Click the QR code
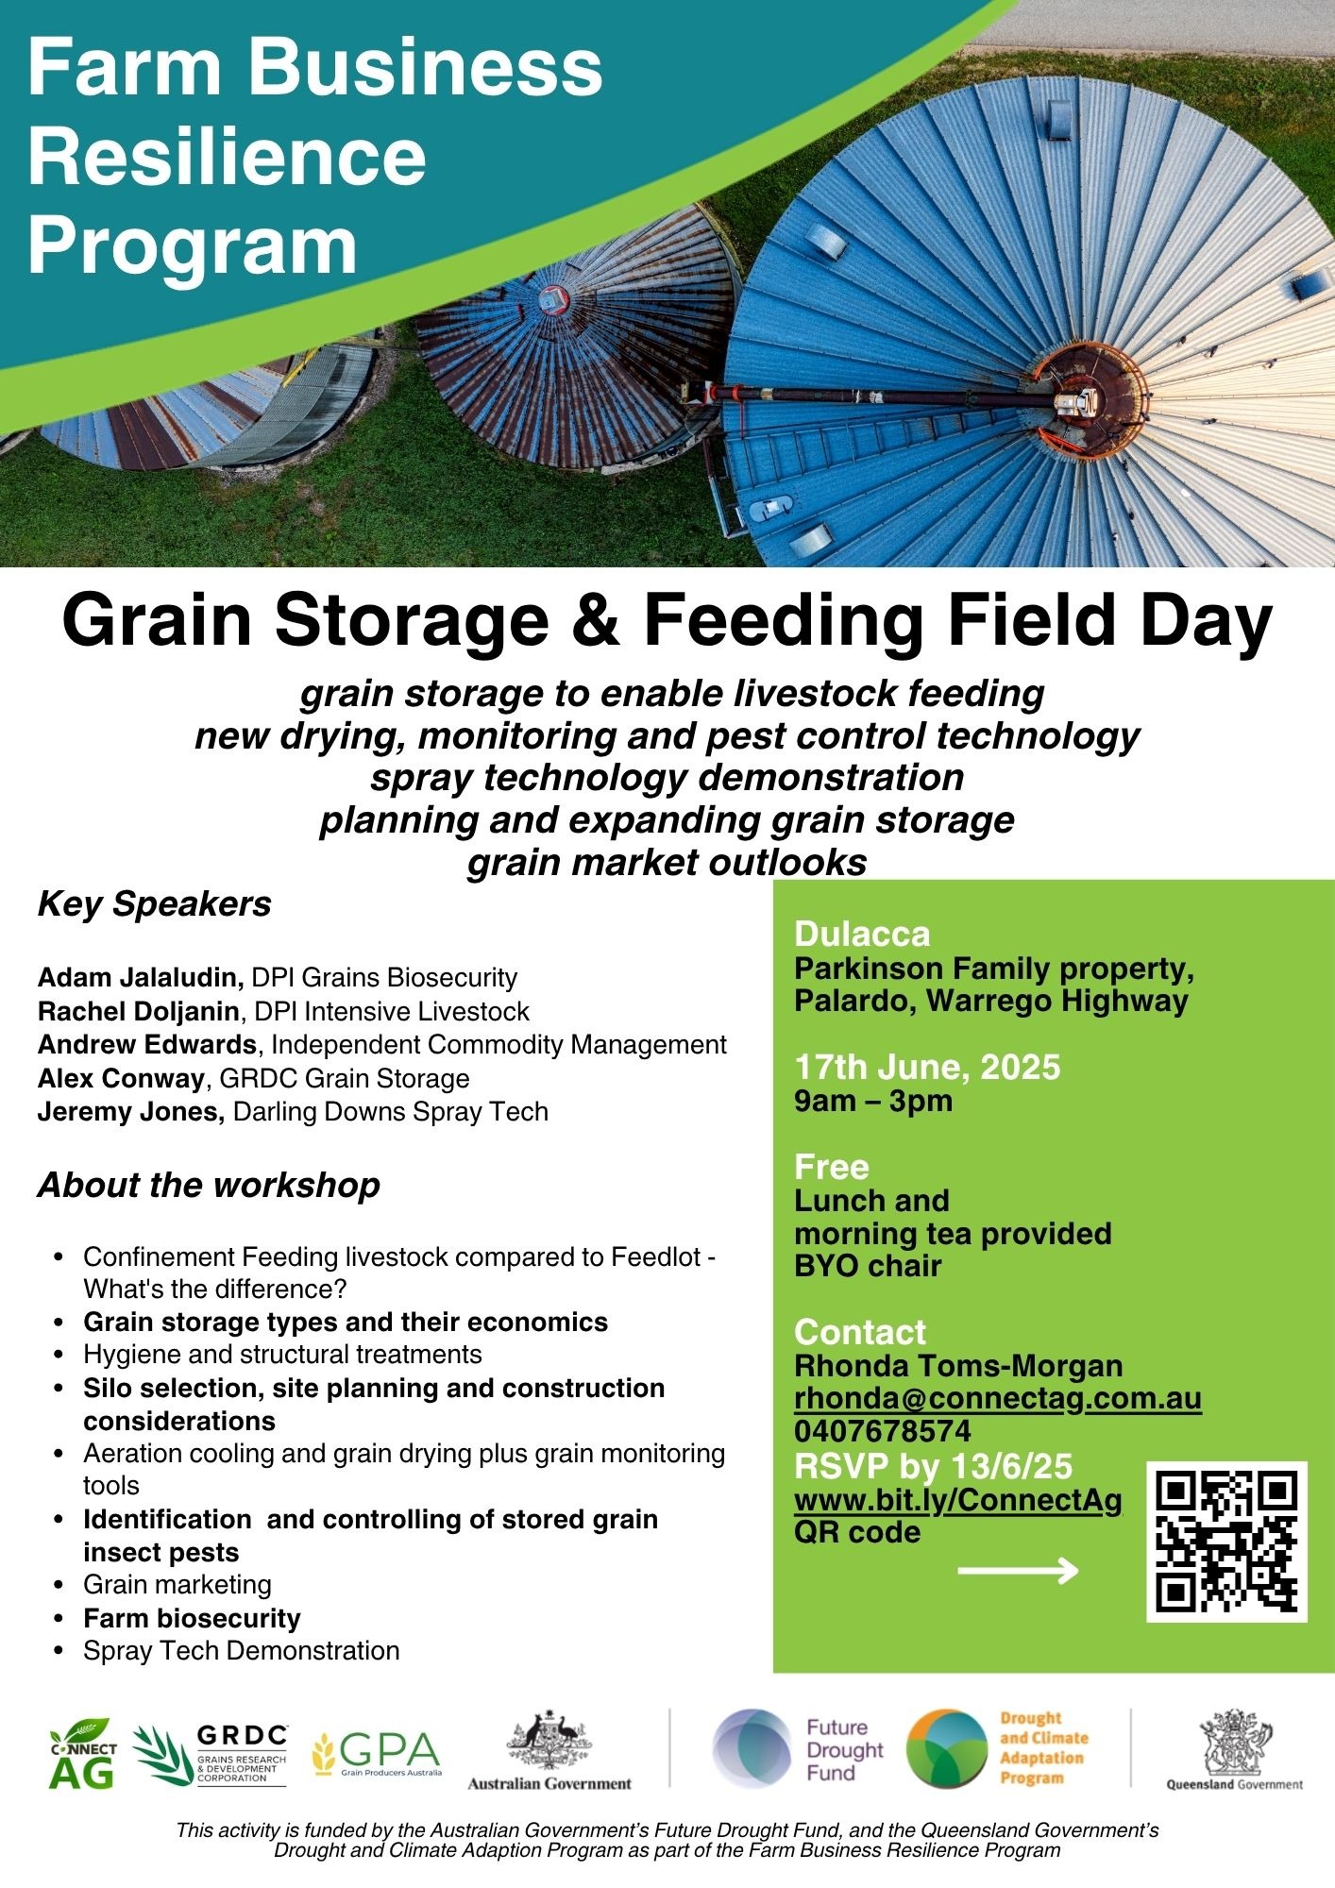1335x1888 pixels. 1226,1542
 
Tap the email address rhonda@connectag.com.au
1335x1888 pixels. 998,1398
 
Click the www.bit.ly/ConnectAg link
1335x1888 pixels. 958,1500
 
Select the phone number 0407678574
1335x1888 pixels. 883,1431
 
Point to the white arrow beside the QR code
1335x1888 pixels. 1018,1571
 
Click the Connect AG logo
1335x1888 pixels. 83,1753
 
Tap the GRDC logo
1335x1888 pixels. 211,1754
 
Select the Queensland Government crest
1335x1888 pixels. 1235,1742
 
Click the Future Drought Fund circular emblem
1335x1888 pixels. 752,1749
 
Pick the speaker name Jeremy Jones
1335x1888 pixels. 131,1111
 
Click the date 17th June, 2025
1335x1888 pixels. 927,1067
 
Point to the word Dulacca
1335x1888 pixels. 862,934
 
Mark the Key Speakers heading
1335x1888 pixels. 155,904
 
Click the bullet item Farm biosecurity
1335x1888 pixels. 192,1618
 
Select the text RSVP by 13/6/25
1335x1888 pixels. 934,1466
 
